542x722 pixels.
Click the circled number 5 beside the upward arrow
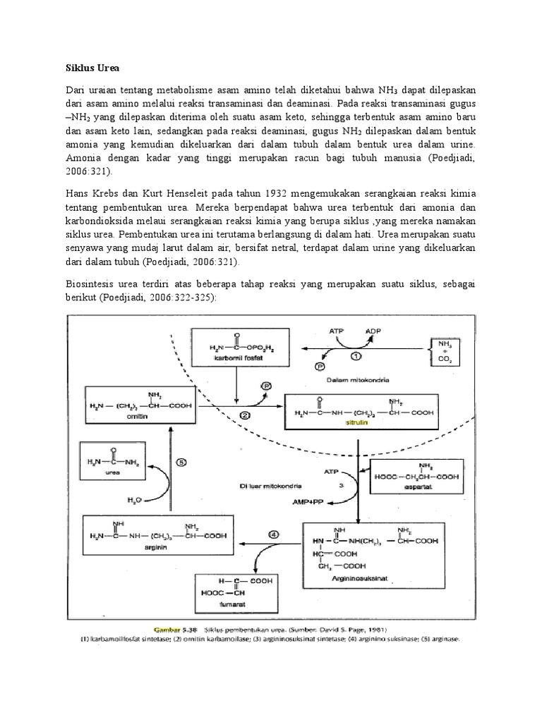(x=181, y=463)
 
